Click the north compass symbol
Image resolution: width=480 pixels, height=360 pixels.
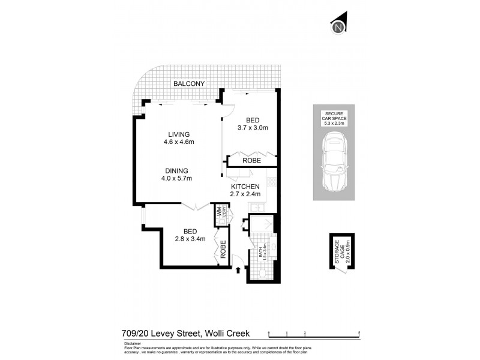coord(339,26)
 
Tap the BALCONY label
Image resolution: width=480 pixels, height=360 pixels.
coord(190,84)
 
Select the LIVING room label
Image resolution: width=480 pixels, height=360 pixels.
coord(179,134)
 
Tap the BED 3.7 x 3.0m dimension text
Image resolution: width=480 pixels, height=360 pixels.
coord(252,128)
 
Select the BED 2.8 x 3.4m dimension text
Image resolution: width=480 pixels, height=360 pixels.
coord(190,239)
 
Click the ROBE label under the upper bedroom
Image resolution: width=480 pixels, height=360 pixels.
coord(251,161)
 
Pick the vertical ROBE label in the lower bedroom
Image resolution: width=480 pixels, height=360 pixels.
coord(223,249)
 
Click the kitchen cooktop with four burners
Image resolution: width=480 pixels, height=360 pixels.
coord(271,182)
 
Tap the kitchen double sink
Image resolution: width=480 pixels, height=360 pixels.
coord(260,208)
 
